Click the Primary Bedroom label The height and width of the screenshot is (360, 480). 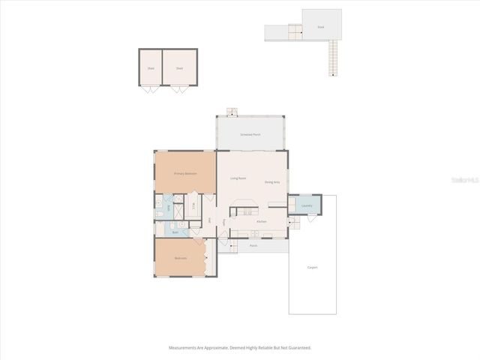pos(185,173)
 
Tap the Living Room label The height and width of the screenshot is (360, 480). pos(238,178)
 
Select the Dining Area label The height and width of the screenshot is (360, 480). pos(272,182)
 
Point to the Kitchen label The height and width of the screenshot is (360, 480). pos(262,221)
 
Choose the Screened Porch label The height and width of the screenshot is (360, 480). pos(250,134)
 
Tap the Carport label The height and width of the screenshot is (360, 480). pos(313,267)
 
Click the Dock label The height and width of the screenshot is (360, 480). pos(320,27)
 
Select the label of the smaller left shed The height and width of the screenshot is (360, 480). pos(151,68)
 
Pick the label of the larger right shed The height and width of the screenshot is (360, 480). pos(179,68)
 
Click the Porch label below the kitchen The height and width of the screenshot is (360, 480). pos(253,245)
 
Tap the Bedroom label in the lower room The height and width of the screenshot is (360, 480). pos(181,258)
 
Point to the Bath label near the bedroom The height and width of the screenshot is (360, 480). pos(175,232)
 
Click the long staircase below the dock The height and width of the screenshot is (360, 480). pos(333,58)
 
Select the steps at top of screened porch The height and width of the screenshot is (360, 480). pos(232,112)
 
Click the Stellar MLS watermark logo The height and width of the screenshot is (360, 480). pos(465,181)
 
